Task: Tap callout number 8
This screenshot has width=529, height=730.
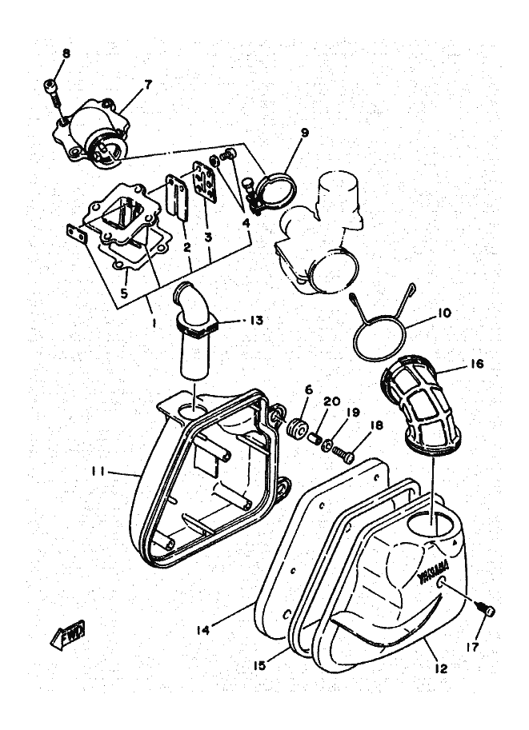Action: pos(66,54)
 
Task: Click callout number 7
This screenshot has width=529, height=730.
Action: pos(146,82)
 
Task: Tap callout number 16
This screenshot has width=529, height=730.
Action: pos(477,362)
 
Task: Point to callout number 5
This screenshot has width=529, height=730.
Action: pos(124,293)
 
